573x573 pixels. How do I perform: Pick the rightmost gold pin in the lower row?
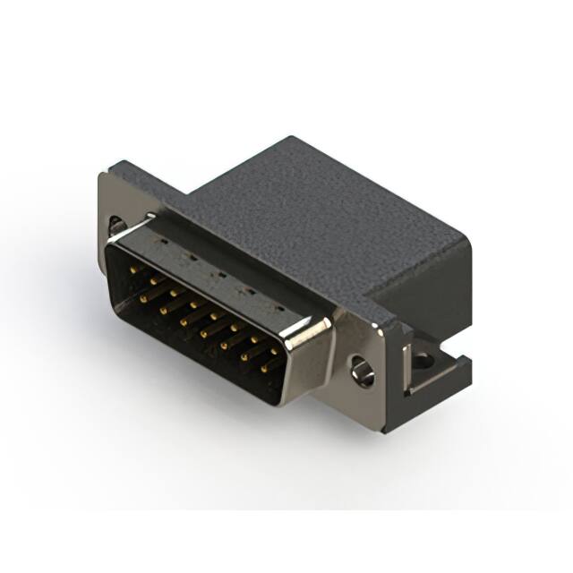[x=266, y=367]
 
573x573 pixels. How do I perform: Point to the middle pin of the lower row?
[x=205, y=329]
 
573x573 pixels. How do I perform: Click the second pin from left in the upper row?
[x=152, y=280]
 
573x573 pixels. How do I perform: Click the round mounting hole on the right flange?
[x=363, y=370]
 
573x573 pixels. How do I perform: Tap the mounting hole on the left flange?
[x=116, y=225]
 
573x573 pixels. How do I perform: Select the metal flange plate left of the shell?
[x=111, y=201]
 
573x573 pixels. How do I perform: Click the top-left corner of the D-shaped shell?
[x=112, y=240]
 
